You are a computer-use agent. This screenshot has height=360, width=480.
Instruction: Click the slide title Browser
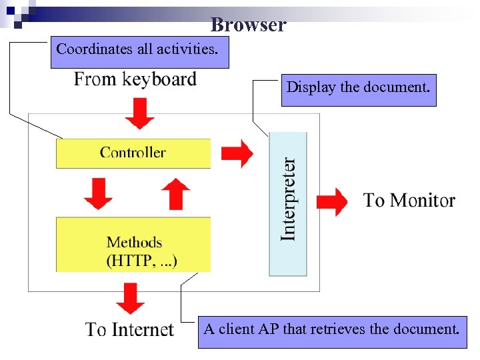pyautogui.click(x=248, y=25)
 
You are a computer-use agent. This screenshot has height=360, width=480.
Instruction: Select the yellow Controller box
pyautogui.click(x=133, y=153)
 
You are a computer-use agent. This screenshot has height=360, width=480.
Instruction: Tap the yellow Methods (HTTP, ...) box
pyautogui.click(x=133, y=245)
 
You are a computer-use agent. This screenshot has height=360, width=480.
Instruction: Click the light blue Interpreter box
pyautogui.click(x=288, y=203)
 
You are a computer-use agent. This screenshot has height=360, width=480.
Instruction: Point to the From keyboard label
pyautogui.click(x=135, y=79)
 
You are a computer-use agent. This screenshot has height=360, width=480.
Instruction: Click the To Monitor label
pyautogui.click(x=409, y=200)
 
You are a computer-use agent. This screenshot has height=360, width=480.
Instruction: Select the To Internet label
pyautogui.click(x=129, y=329)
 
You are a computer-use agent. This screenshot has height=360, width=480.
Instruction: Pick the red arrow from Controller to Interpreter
pyautogui.click(x=237, y=153)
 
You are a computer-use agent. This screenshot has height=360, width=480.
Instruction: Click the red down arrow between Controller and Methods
pyautogui.click(x=98, y=193)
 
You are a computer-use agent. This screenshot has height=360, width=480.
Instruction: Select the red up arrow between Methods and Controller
pyautogui.click(x=175, y=193)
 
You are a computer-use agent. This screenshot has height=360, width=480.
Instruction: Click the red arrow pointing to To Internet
pyautogui.click(x=130, y=298)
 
